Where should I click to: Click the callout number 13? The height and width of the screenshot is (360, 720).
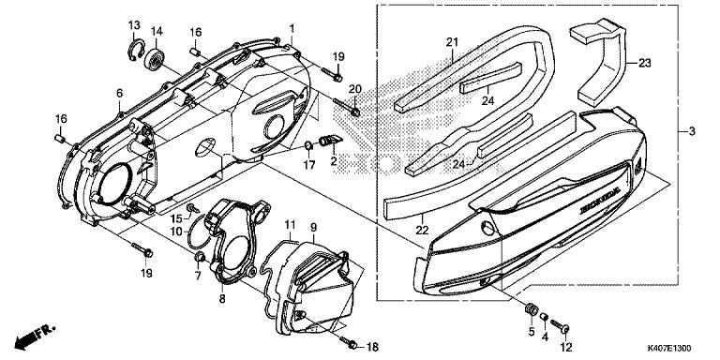134,24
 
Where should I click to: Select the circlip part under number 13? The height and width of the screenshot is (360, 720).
136,51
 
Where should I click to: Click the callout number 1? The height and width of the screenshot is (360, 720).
292,28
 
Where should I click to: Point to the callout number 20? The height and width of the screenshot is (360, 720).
355,89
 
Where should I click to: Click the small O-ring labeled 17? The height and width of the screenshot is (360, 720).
309,146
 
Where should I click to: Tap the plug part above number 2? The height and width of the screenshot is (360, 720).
330,140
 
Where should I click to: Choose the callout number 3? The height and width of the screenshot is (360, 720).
692,131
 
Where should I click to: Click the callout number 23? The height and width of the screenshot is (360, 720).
645,64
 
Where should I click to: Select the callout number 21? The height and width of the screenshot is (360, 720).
452,43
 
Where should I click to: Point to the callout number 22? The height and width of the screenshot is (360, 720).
423,230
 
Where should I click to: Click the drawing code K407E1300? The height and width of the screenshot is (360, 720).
669,349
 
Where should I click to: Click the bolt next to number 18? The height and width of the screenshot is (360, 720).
350,342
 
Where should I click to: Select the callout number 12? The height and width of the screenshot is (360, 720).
566,347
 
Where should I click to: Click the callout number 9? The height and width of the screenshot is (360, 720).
313,227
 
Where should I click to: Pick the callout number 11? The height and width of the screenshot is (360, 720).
290,225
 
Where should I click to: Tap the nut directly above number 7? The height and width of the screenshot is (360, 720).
200,258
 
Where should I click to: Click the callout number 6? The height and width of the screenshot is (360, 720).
119,93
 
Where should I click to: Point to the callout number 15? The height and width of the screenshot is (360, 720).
177,217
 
